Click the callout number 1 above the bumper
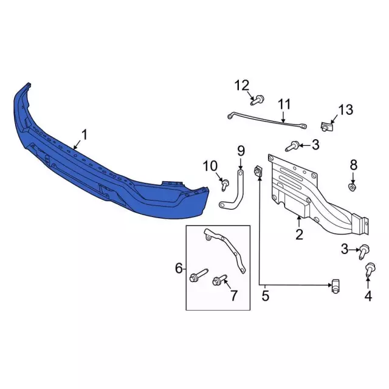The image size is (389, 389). click(x=84, y=135)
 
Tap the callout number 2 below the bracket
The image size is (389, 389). click(x=299, y=234)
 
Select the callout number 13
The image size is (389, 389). click(x=346, y=109)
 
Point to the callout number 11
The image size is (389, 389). click(x=284, y=104)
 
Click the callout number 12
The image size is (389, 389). click(x=242, y=86)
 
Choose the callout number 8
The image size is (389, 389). click(x=354, y=165)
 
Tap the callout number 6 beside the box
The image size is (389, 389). click(x=179, y=268)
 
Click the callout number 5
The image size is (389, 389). click(x=265, y=296)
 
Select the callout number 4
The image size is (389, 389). click(x=368, y=296)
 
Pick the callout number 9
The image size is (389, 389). click(x=241, y=151)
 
